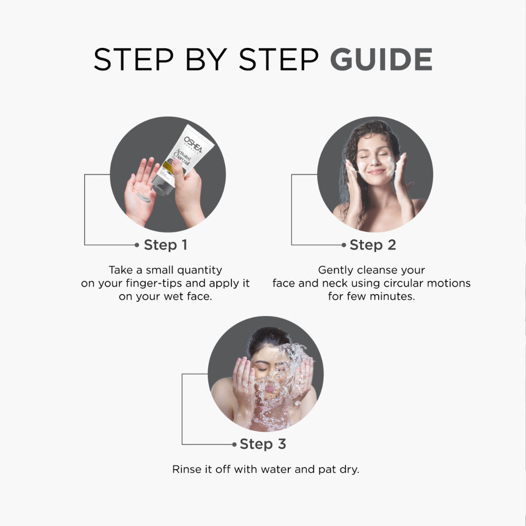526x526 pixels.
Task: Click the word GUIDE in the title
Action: [x=381, y=59]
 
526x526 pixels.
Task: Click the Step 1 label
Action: [x=165, y=245]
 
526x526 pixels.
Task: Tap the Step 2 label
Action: [x=372, y=245]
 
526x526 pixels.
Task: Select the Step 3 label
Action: [x=262, y=444]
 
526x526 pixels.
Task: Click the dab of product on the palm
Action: [x=143, y=197]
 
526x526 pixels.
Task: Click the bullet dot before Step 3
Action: [x=235, y=444]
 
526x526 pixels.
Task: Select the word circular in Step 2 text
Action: [x=391, y=283]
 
